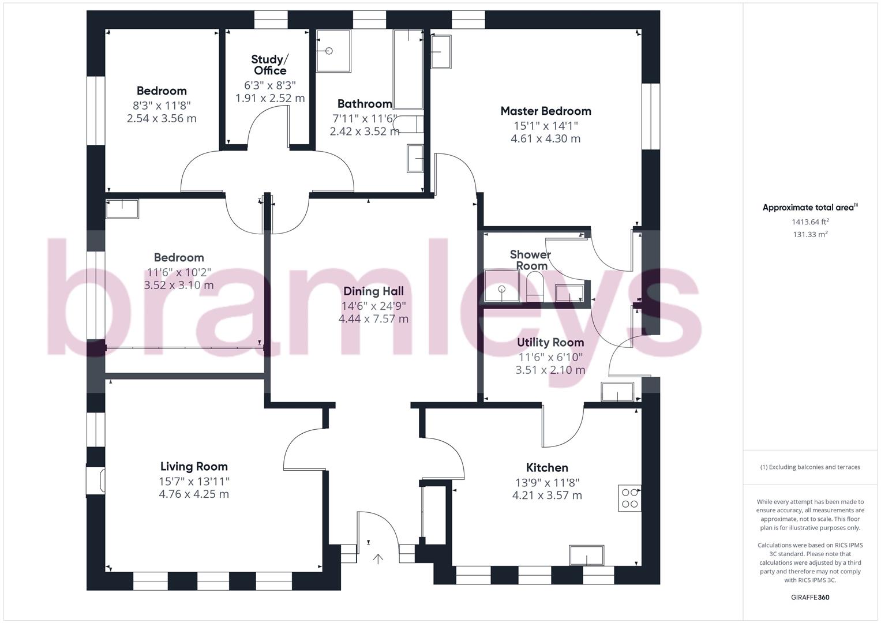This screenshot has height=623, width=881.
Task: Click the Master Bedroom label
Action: [x=545, y=111]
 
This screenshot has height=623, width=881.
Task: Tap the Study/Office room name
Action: [x=269, y=65]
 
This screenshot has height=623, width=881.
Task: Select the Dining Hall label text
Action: [x=373, y=291]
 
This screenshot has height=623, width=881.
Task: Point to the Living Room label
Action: [x=194, y=467]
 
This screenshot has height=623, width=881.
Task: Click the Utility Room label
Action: [x=550, y=343]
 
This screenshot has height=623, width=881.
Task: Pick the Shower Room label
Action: [x=530, y=260]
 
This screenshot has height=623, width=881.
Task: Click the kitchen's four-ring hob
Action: [x=629, y=498]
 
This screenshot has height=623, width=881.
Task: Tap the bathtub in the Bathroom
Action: [x=408, y=69]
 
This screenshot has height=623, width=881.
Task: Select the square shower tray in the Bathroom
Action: [x=333, y=51]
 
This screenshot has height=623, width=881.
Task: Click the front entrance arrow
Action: [x=378, y=558]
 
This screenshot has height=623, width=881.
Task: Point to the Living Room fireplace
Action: [x=96, y=481]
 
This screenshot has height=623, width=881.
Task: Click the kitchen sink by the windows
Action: [x=587, y=556]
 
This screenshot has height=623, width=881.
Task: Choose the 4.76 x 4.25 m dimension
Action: [x=194, y=494]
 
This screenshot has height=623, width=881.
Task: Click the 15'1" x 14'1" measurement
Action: [x=545, y=125]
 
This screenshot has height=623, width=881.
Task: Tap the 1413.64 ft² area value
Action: [x=810, y=222]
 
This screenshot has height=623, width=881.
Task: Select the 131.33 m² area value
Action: [x=810, y=234]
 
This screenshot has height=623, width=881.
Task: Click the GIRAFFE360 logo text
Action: [x=810, y=598]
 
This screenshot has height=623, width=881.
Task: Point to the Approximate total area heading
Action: [x=809, y=208]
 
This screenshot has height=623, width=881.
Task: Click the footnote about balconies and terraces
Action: [x=810, y=467]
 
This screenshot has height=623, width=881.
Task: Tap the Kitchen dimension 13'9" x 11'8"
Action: [x=547, y=482]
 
